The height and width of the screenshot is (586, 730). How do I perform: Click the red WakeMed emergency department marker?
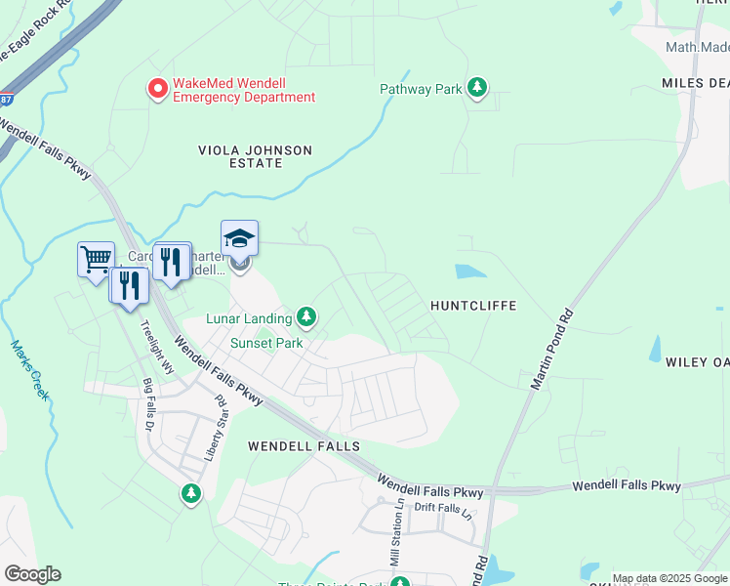[156, 90]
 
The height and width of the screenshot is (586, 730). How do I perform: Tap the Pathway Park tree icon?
[476, 89]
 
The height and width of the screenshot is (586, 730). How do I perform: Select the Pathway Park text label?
[421, 89]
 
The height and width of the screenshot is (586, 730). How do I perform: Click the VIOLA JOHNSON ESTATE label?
[255, 156]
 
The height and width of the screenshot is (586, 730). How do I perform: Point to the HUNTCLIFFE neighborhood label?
[473, 306]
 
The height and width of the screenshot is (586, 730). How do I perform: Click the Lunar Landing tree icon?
[306, 317]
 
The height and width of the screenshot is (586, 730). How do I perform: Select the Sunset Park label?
[266, 343]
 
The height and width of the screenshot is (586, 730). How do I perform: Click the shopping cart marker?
[96, 260]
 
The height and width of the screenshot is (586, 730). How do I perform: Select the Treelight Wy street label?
[156, 346]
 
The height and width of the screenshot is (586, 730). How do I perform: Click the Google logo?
[32, 574]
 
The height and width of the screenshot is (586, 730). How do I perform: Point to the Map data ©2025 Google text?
[669, 578]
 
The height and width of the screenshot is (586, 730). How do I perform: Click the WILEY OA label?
[697, 362]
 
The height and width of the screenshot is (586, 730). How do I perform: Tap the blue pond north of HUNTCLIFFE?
[471, 272]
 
